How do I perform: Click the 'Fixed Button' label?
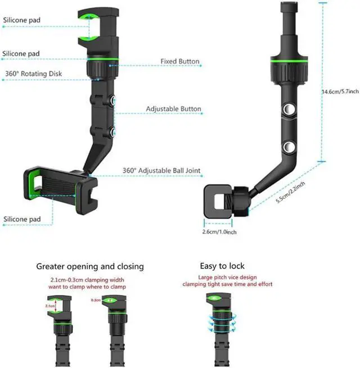tap(180, 61)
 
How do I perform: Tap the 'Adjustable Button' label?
tap(174, 109)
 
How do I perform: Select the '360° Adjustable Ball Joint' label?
tap(161, 171)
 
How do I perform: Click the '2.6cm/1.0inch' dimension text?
tap(219, 231)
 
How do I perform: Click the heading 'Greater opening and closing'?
tap(90, 266)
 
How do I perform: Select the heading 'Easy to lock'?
tap(222, 266)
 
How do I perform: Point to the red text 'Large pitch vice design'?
tap(227, 278)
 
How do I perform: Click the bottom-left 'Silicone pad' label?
tap(21, 219)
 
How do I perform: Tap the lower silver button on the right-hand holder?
tap(291, 147)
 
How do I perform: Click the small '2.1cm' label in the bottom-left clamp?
tap(49, 306)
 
